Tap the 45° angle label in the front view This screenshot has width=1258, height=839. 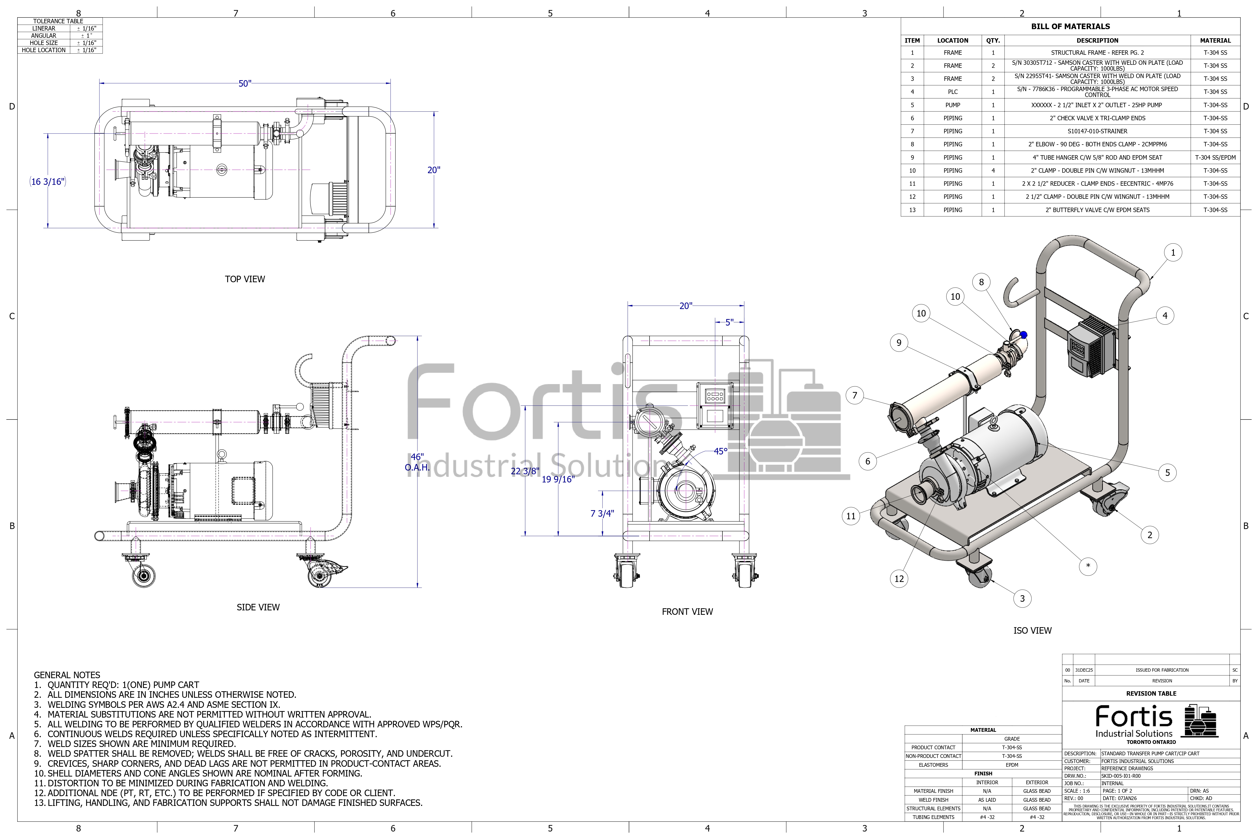721,451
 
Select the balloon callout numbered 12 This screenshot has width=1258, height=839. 899,578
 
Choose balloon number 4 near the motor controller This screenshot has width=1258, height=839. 1165,316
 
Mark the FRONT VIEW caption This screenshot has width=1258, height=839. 687,612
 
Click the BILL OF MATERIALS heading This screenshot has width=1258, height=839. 1070,26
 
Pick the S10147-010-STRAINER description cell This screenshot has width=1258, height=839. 1097,131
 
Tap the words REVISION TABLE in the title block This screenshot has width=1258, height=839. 1151,694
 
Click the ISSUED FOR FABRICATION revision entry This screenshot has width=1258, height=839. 1162,670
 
